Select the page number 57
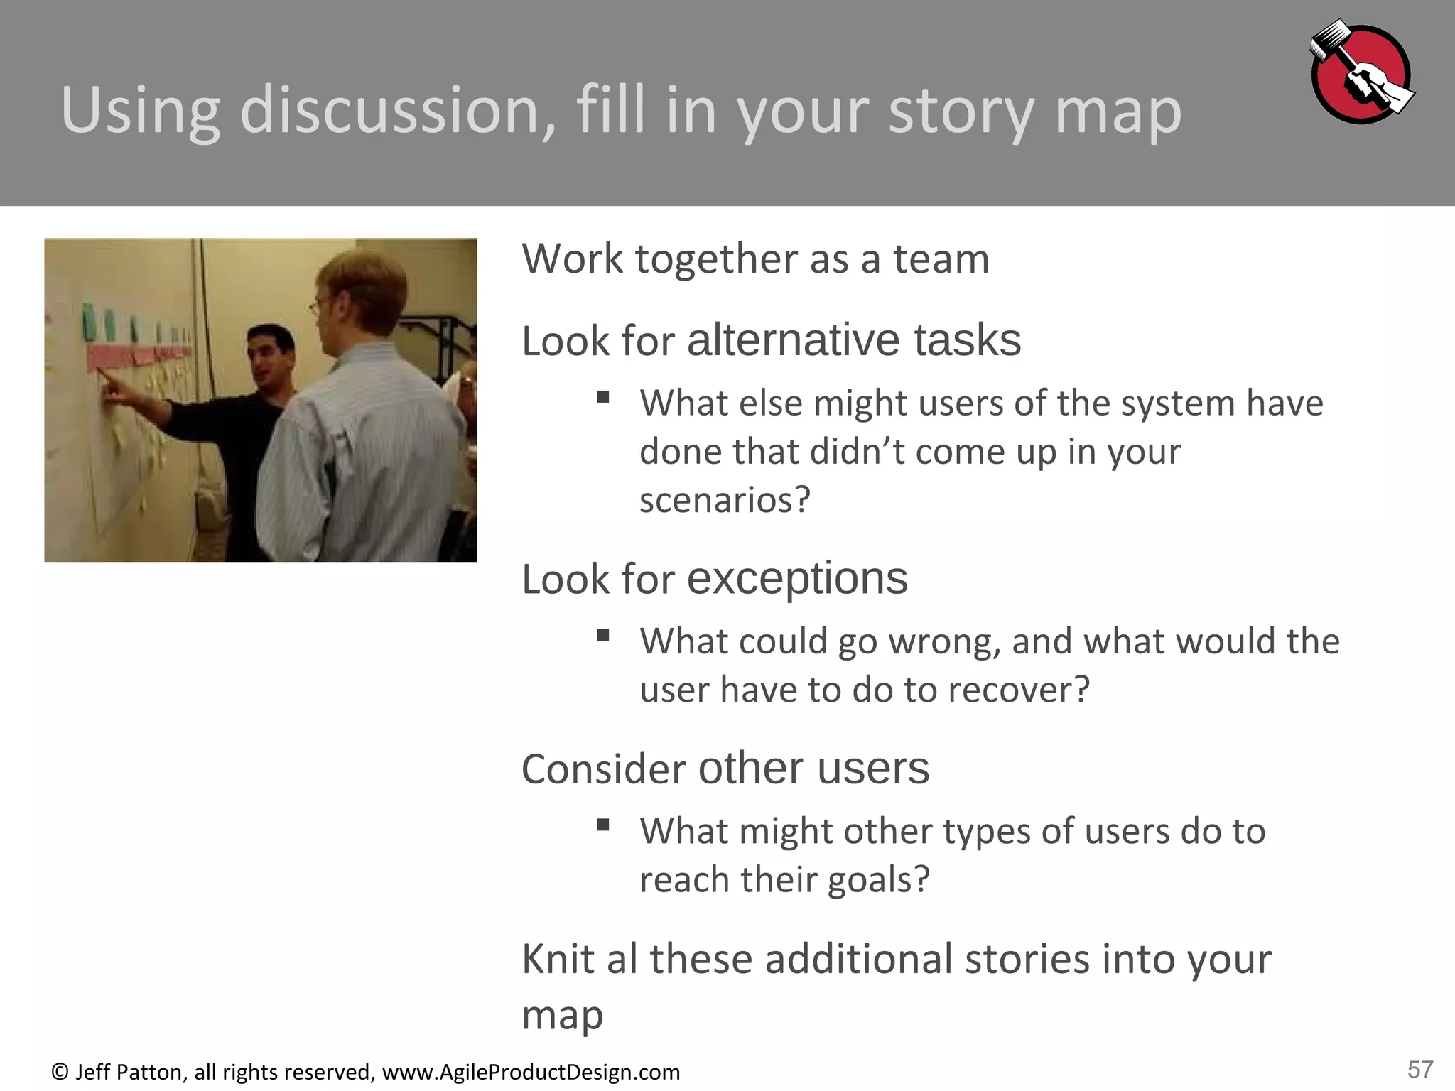click(x=1420, y=1069)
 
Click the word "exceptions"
click(x=797, y=579)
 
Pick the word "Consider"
click(x=604, y=769)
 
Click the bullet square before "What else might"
click(x=603, y=397)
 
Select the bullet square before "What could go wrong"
click(x=603, y=635)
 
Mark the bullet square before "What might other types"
click(x=603, y=825)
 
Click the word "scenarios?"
click(x=725, y=500)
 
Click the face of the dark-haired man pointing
click(x=271, y=359)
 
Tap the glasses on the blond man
click(x=317, y=307)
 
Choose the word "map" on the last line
click(x=562, y=1014)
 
